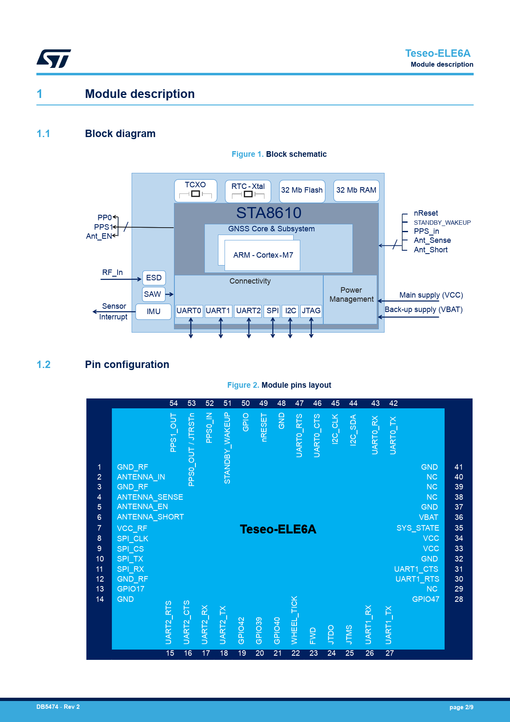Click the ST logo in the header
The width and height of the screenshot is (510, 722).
[x=53, y=58]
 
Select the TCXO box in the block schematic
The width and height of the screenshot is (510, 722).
[x=196, y=191]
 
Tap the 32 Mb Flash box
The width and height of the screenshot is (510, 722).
[x=302, y=191]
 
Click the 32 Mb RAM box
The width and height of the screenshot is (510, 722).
[x=356, y=191]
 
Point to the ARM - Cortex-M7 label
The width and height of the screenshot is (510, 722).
[x=263, y=255]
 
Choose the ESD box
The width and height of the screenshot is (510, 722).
[x=154, y=278]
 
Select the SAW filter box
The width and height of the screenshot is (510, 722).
[x=153, y=294]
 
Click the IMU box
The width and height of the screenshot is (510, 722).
[x=153, y=312]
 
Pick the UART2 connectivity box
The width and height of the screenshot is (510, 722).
[x=248, y=311]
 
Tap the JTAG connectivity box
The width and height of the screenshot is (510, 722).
[x=311, y=311]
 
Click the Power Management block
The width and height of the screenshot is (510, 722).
[x=350, y=299]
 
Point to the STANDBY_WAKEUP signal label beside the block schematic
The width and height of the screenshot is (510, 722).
[x=442, y=223]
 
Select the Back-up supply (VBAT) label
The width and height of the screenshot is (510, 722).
[x=424, y=310]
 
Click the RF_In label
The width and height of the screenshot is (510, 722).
[x=112, y=272]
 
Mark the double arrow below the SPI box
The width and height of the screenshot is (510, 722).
[x=273, y=328]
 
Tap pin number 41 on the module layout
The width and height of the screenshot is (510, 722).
[x=459, y=467]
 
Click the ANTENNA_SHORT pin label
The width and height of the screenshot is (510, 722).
[x=151, y=517]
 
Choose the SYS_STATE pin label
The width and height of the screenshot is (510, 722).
[x=418, y=528]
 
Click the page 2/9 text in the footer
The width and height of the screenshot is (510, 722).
[x=461, y=707]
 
